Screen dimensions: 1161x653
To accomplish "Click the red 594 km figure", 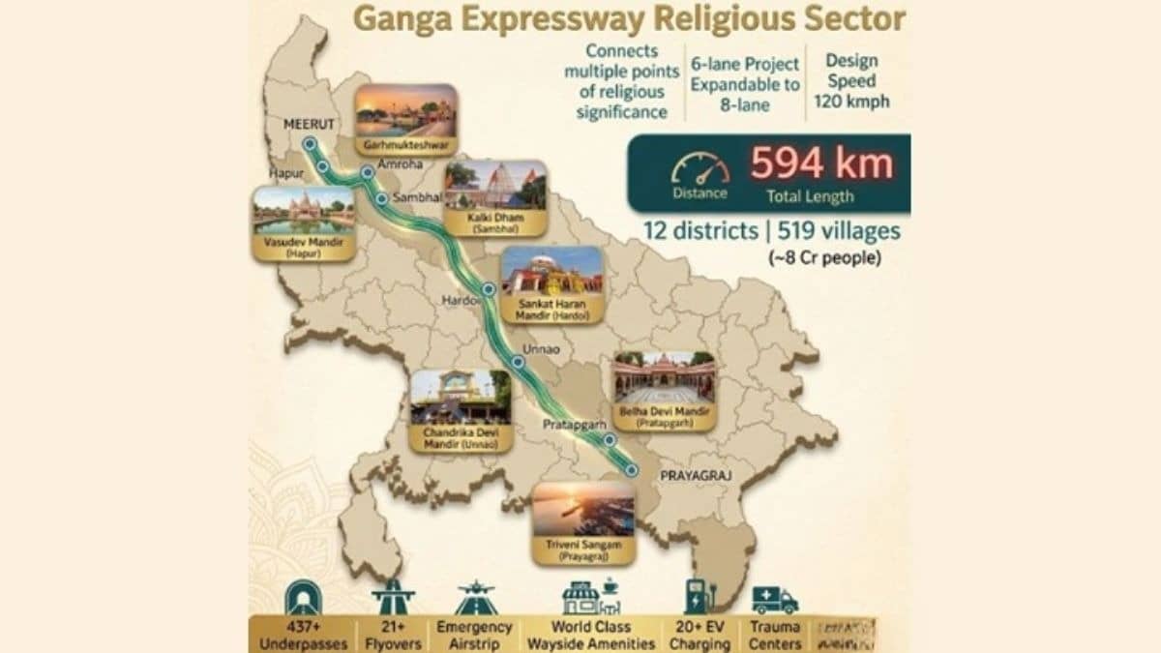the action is [x=821, y=164].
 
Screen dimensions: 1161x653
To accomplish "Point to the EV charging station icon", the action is [x=696, y=596].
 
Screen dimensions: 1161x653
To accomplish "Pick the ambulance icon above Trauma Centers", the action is [x=775, y=599].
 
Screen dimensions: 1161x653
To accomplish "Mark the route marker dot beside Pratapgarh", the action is [x=610, y=439].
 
